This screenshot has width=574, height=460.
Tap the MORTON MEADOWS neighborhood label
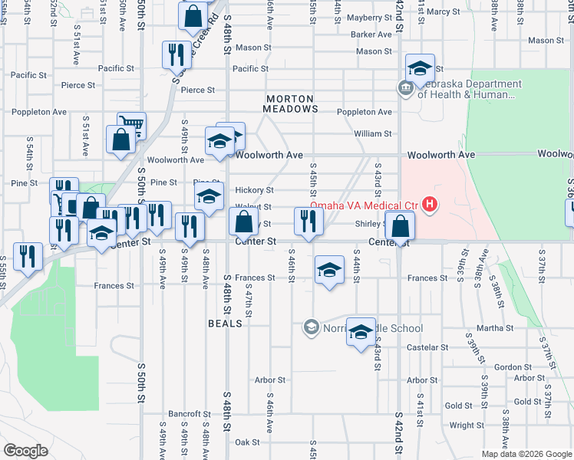(x=292, y=104)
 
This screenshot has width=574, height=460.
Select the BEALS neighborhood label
(x=225, y=324)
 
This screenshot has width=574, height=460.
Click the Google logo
(x=25, y=451)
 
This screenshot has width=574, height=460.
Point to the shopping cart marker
(x=131, y=126)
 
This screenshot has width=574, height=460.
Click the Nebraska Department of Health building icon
(x=404, y=90)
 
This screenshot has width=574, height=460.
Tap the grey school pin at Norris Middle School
(x=311, y=327)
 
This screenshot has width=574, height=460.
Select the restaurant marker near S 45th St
(x=308, y=221)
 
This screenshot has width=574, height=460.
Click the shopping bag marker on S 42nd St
(x=400, y=225)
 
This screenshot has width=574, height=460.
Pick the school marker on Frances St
(x=329, y=269)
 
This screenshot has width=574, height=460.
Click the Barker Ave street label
(x=371, y=34)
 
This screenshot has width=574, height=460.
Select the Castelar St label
(x=422, y=347)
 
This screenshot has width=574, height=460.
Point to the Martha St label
(x=494, y=328)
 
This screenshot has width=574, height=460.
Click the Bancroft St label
(x=184, y=413)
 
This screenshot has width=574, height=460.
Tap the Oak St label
(x=247, y=442)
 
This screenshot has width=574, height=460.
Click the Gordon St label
(x=507, y=367)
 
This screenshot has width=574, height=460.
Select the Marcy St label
(x=443, y=11)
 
